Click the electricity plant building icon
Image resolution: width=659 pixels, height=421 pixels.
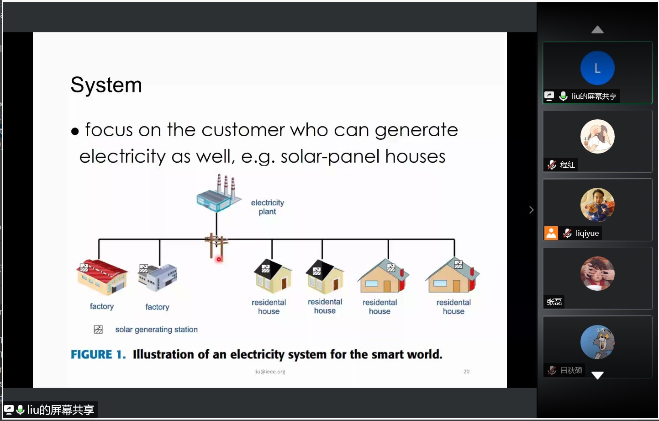(219, 193)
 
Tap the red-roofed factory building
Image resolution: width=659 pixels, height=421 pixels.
(102, 277)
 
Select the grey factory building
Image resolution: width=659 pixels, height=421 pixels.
(158, 277)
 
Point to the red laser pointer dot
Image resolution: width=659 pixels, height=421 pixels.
(219, 259)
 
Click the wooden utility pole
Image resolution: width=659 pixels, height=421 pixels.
(216, 245)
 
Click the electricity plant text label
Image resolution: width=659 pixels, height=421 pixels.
(268, 207)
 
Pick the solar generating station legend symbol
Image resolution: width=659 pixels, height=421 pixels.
(98, 330)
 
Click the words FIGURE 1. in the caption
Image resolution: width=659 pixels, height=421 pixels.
(98, 354)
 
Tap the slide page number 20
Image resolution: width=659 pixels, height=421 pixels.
(466, 372)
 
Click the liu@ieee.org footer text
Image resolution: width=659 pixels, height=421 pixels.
(270, 372)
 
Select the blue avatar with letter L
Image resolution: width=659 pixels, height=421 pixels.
(597, 68)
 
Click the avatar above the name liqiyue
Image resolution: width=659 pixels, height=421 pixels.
(597, 205)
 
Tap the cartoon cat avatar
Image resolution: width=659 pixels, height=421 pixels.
(597, 342)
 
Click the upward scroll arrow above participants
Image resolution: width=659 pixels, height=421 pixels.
(597, 29)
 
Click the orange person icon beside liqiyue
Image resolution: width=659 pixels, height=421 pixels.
(551, 233)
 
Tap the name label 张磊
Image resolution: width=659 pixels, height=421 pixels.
(554, 302)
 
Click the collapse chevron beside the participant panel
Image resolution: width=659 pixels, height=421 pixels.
(531, 210)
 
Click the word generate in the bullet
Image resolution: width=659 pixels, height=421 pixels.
(416, 130)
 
